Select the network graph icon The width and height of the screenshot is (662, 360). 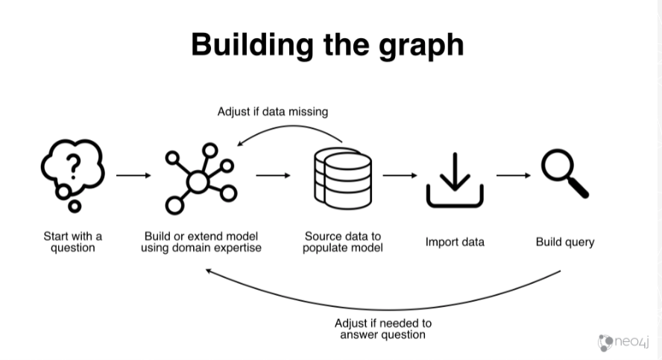(x=201, y=179)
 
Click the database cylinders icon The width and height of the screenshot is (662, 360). (x=343, y=178)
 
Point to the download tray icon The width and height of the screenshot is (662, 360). (x=455, y=180)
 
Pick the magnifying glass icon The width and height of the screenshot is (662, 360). (x=565, y=173)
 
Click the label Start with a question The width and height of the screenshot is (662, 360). (x=72, y=241)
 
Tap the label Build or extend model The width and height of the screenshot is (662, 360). (x=201, y=236)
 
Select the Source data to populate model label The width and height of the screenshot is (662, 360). (x=343, y=241)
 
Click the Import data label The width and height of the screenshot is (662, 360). (x=455, y=241)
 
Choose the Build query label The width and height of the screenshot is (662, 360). (x=565, y=241)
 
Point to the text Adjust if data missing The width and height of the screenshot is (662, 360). (x=273, y=112)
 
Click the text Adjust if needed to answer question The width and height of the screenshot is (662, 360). (x=383, y=329)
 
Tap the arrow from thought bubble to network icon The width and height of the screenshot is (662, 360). (x=133, y=175)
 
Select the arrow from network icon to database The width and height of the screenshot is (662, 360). (x=273, y=175)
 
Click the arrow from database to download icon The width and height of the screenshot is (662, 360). (x=400, y=175)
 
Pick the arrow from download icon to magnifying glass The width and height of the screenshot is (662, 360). (x=514, y=175)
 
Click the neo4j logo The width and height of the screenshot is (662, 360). (x=623, y=342)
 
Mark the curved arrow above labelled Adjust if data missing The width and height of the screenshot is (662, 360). (x=291, y=126)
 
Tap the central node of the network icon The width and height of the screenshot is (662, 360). (x=198, y=181)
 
